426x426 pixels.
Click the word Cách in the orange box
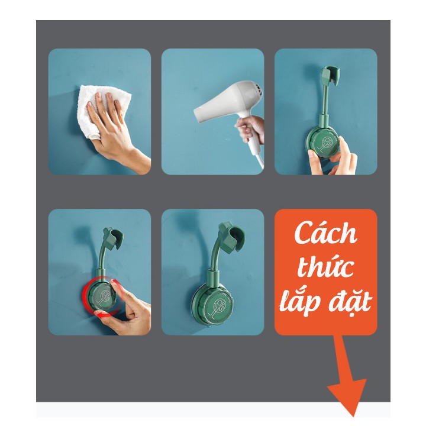click(x=325, y=233)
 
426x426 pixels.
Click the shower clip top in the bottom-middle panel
click(x=233, y=234)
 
